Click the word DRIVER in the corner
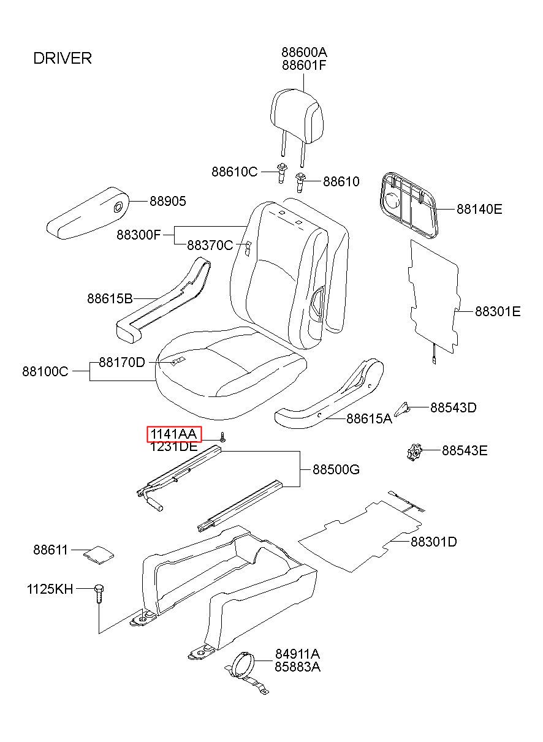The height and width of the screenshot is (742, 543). click(63, 58)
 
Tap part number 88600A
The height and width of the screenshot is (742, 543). click(304, 52)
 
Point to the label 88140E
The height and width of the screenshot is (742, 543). click(479, 210)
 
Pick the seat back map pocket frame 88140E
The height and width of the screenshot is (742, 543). click(407, 202)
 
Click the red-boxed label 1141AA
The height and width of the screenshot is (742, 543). click(174, 434)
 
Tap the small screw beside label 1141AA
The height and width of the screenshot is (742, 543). click(224, 437)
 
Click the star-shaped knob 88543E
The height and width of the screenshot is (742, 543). click(415, 453)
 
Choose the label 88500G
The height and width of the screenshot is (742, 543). click(336, 470)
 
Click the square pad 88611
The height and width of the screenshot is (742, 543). click(98, 553)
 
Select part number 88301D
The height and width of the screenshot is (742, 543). click(433, 542)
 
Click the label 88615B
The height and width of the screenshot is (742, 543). click(110, 299)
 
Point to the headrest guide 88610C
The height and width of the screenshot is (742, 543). click(281, 173)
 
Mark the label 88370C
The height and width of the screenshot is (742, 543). click(210, 246)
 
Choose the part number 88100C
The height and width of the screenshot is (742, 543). click(45, 371)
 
